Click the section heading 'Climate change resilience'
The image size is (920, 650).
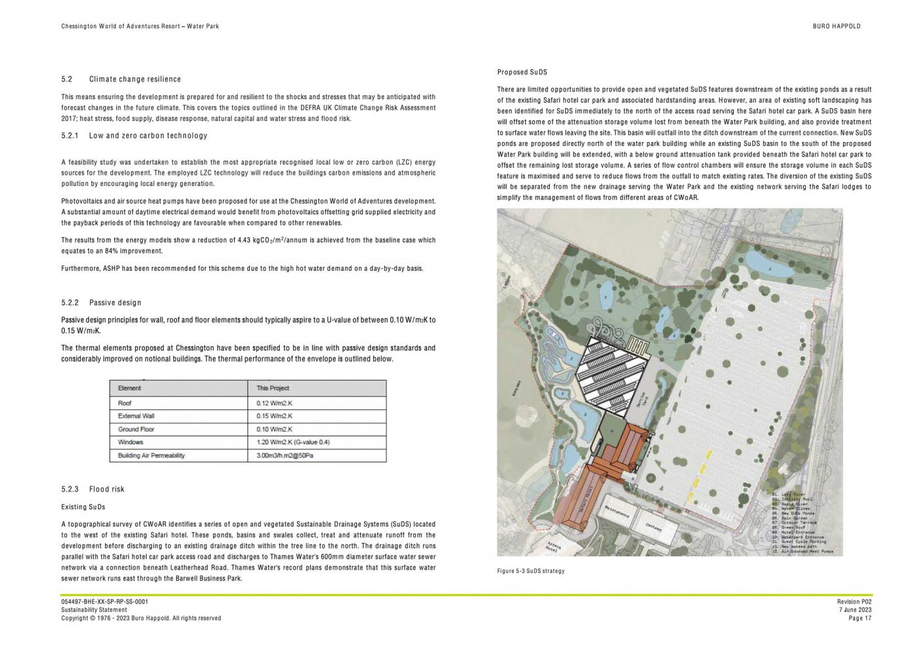[x=135, y=80]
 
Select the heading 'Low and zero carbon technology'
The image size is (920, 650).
[x=148, y=136]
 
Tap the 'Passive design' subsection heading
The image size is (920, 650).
[x=115, y=303]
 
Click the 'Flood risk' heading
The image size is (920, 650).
[x=106, y=490]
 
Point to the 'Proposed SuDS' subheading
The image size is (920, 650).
[x=522, y=72]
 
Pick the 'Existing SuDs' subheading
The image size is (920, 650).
[x=83, y=507]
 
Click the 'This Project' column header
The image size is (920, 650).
[x=273, y=388]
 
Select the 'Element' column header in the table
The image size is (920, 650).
[x=129, y=388]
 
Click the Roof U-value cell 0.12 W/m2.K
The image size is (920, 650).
[x=274, y=404]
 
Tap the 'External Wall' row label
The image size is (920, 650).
[x=136, y=416]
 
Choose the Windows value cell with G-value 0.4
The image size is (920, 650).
[x=292, y=442]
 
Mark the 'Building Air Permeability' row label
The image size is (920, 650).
[x=151, y=455]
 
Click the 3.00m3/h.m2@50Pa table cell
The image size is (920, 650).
[x=285, y=455]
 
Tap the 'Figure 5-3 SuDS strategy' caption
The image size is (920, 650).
[x=530, y=571]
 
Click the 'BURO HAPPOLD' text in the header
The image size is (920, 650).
[x=836, y=26]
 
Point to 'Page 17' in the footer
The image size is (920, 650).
[x=860, y=618]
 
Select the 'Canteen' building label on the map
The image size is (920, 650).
[x=653, y=527]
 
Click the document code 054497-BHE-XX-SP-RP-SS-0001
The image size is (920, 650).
[x=104, y=601]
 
